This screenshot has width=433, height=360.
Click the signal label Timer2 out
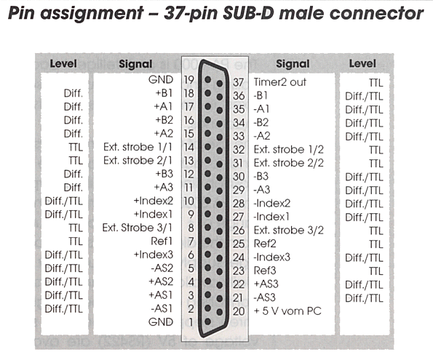(x=279, y=82)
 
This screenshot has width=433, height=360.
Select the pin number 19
(x=189, y=80)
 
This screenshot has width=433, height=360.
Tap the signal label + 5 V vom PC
(x=287, y=311)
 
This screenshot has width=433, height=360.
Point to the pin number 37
(x=238, y=82)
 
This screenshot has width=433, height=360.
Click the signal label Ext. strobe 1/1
(x=138, y=147)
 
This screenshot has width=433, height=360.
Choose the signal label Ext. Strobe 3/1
(x=138, y=228)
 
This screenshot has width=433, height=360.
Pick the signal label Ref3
(x=265, y=271)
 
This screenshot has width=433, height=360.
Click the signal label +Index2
(x=154, y=201)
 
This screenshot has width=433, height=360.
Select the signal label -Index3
(x=272, y=257)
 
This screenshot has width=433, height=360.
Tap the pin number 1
(x=191, y=322)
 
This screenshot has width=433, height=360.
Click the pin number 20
(x=239, y=311)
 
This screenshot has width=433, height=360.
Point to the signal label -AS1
(x=162, y=308)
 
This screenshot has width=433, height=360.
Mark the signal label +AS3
(x=266, y=284)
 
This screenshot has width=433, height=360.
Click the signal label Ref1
(x=162, y=241)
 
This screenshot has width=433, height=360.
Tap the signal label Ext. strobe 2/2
(x=289, y=163)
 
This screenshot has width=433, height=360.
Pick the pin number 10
(x=189, y=201)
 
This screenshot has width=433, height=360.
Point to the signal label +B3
(x=164, y=174)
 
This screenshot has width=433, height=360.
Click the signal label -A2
(x=262, y=136)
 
